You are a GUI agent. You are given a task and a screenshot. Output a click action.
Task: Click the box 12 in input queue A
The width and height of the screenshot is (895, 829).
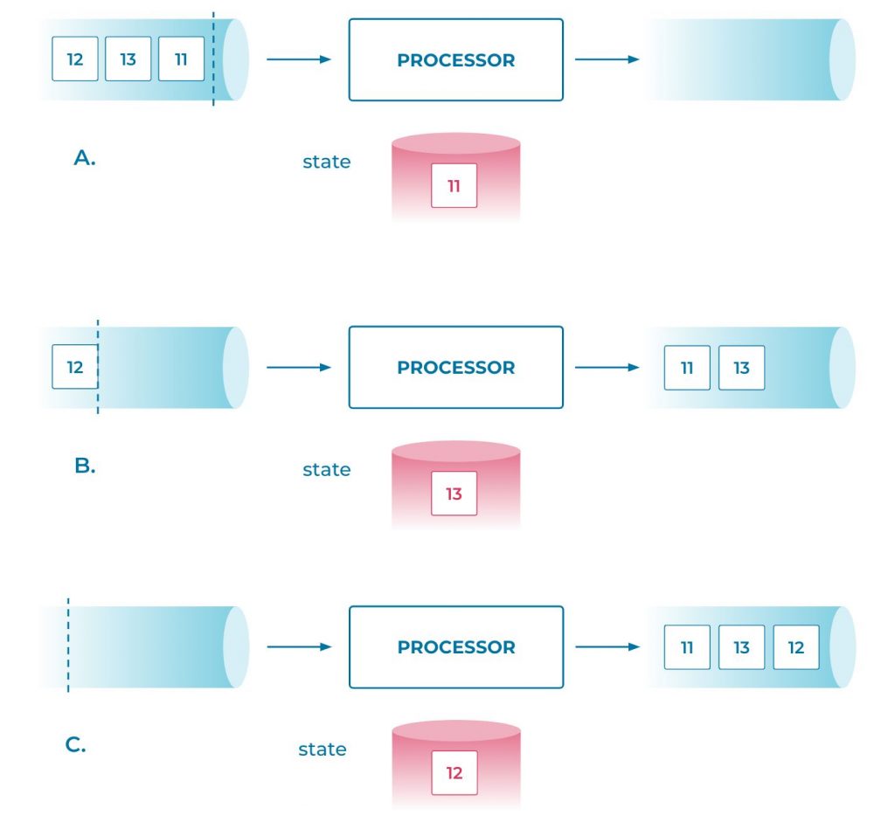[x=75, y=59]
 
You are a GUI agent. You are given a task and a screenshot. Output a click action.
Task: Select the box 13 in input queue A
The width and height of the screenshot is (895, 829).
[x=128, y=59]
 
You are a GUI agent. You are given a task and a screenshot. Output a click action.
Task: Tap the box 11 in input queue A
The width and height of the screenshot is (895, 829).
[x=181, y=59]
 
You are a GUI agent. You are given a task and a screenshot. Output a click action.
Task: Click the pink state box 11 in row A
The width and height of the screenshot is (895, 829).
[x=454, y=185]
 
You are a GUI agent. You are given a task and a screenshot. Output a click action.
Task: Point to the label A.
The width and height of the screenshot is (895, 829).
[x=85, y=158]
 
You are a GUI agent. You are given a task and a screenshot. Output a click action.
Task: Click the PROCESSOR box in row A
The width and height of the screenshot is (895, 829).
[x=455, y=60]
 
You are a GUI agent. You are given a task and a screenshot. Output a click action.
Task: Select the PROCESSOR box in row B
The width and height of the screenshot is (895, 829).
[x=455, y=368]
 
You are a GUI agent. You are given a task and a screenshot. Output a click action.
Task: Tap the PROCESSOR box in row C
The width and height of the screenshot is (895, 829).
[x=455, y=647]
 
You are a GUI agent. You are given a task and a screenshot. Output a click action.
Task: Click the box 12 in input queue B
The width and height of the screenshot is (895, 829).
[x=75, y=367]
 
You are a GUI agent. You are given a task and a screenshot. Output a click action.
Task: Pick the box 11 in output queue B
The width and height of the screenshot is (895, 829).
[x=687, y=368]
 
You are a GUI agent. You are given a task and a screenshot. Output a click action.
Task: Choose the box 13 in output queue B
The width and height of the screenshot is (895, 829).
[x=741, y=368]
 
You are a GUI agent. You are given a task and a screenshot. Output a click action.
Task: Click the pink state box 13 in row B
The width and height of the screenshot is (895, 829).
[x=454, y=494]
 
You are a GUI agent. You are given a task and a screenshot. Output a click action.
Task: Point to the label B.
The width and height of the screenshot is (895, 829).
[x=85, y=466]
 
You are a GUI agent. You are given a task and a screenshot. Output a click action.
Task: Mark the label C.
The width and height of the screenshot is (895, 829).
[x=76, y=745]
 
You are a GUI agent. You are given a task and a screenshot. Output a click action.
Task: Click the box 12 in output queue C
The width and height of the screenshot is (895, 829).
[x=795, y=647]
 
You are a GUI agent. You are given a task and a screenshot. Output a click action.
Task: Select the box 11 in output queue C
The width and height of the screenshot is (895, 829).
[x=687, y=647]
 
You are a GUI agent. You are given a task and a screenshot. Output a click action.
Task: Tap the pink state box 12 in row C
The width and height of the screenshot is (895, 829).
[x=454, y=773]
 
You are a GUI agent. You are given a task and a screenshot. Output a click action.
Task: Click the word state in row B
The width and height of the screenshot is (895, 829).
[x=326, y=470]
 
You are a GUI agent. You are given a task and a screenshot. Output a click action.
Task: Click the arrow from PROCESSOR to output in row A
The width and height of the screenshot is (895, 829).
[x=607, y=59]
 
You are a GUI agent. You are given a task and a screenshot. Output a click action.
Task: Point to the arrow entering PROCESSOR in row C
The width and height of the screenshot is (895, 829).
[x=298, y=647]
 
